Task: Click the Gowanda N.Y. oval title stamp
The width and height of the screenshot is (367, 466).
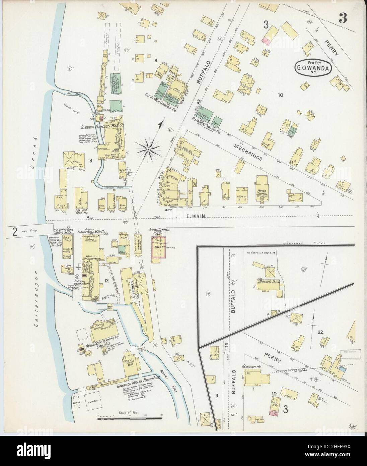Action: coord(313,67)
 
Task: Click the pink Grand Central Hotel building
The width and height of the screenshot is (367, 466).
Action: coord(159,246)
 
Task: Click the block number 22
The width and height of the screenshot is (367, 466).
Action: coord(320,332)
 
